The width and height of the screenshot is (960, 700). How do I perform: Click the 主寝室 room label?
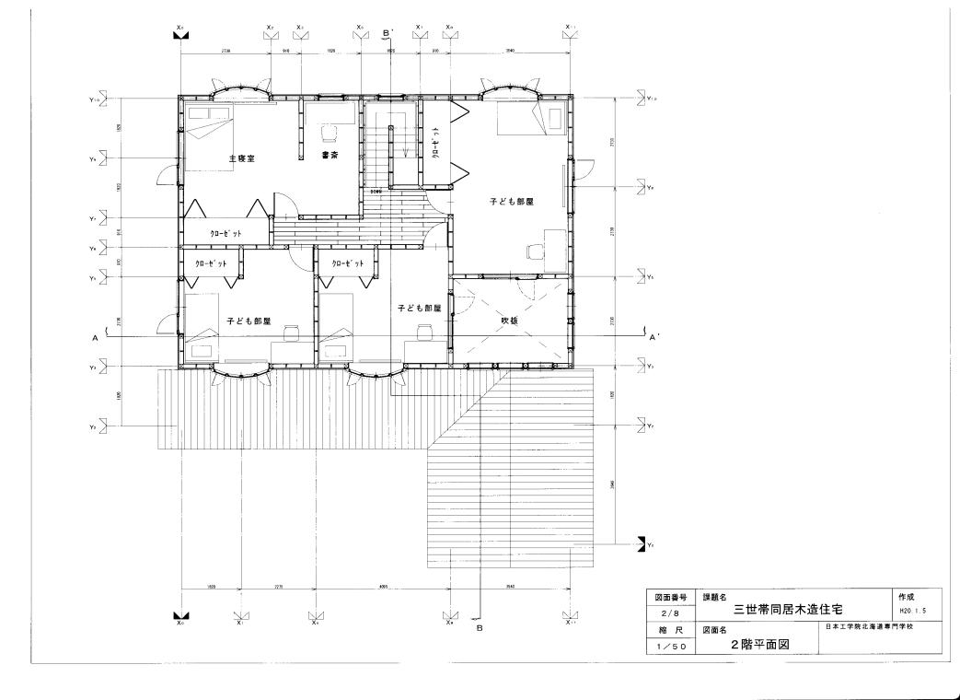pos(241,158)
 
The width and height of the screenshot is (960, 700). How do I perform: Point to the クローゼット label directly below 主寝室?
pos(226,234)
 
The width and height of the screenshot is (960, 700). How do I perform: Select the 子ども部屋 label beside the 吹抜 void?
pos(420,308)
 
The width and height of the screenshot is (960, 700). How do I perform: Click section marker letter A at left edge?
pos(95,339)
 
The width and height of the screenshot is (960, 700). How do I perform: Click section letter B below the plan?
pos(479,628)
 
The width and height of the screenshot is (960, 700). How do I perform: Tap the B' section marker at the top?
pos(387,32)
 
